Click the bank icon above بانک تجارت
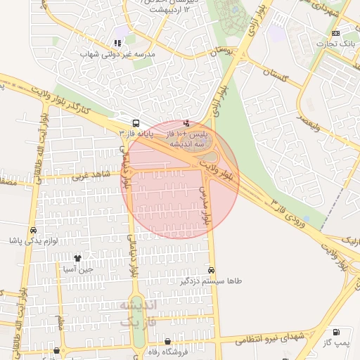(x=335, y=33)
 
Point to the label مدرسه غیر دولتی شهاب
(x=116, y=54)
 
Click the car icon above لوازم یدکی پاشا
(x=33, y=230)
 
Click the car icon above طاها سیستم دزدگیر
(x=212, y=270)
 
